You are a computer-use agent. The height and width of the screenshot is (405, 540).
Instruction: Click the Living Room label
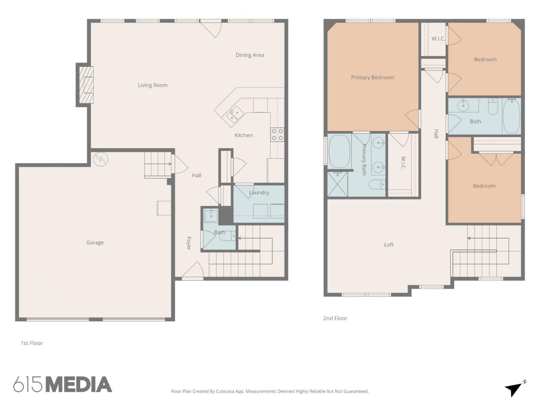click(153, 85)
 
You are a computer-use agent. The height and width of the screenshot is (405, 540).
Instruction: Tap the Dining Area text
click(250, 55)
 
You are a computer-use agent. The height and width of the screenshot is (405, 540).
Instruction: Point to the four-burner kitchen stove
click(277, 135)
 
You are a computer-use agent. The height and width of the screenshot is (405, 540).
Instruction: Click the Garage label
click(95, 242)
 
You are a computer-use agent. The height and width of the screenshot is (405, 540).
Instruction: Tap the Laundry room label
click(259, 193)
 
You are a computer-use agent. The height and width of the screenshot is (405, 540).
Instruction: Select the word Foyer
click(189, 243)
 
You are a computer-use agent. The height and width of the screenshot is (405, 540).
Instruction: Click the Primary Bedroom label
click(373, 77)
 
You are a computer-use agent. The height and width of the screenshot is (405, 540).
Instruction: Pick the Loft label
click(389, 244)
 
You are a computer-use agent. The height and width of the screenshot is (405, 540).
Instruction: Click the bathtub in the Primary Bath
click(339, 152)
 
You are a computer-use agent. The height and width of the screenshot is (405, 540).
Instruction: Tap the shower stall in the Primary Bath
click(337, 184)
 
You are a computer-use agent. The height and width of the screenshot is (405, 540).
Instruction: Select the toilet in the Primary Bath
click(377, 184)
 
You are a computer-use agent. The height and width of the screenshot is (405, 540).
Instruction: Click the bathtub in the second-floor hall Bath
click(512, 116)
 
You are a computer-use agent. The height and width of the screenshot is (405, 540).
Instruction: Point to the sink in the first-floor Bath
click(211, 215)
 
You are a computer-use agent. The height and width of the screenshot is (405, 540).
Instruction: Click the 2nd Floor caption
click(335, 318)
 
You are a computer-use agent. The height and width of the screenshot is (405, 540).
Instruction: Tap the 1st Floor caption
click(31, 343)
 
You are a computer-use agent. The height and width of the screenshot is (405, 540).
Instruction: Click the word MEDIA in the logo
click(79, 384)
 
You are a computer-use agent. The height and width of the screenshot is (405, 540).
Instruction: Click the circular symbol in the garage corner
click(101, 159)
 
